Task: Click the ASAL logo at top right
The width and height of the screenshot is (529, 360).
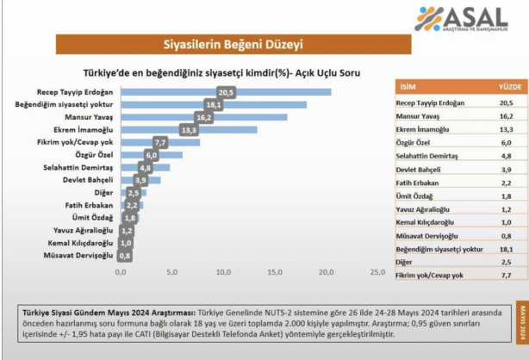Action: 470,19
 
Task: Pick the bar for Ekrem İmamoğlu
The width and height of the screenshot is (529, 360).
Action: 189,129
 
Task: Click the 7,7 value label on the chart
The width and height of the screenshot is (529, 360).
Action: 159,142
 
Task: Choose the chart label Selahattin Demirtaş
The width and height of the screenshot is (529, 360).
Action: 78,168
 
